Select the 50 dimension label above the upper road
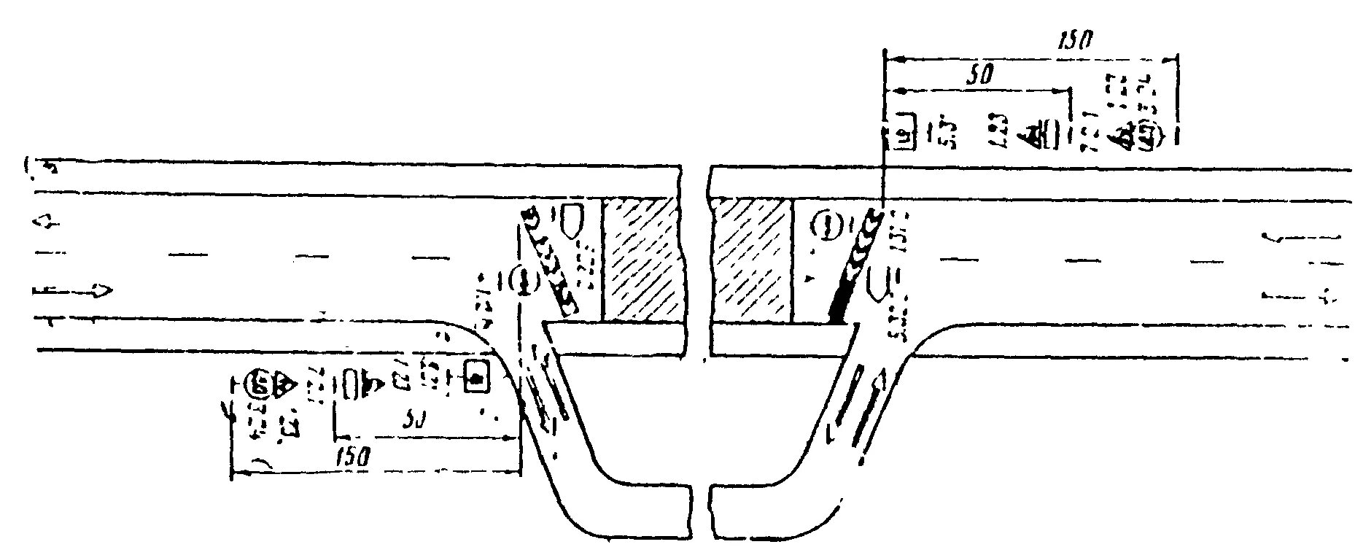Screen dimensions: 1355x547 point(978,76)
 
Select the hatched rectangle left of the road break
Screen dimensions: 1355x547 point(640,260)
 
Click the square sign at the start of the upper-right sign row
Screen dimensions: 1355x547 point(904,132)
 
